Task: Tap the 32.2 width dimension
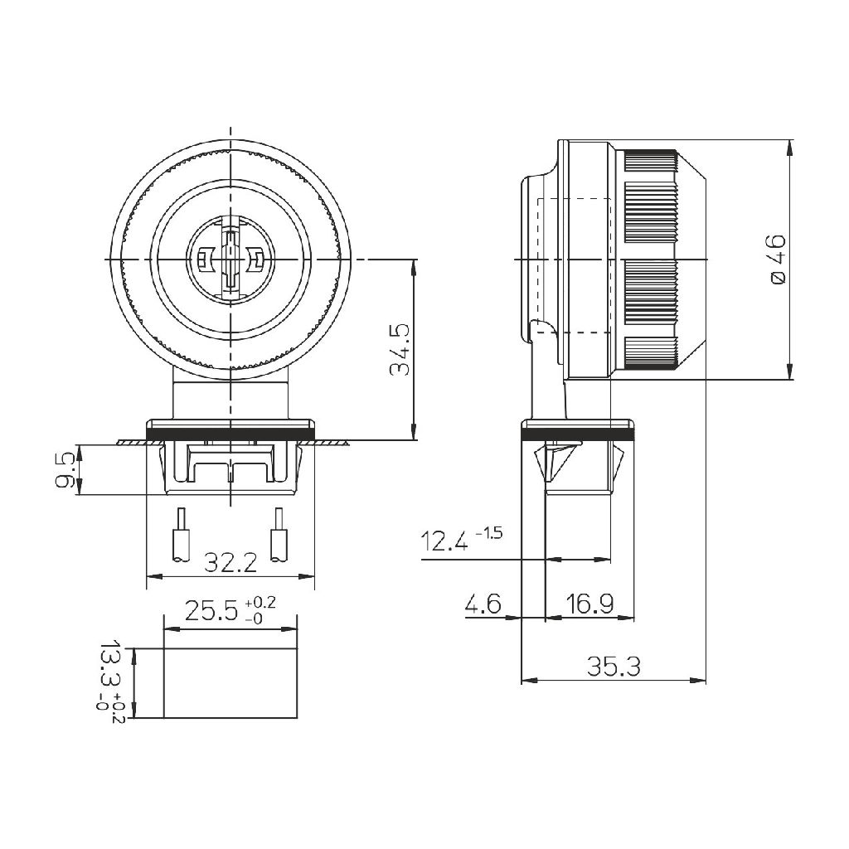[230, 565]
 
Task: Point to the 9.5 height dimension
[65, 470]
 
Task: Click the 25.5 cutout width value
[211, 612]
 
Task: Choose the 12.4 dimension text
[445, 542]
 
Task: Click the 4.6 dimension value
[483, 604]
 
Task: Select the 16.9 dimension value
[589, 604]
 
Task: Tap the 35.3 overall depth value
[614, 667]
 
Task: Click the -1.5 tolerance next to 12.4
[489, 533]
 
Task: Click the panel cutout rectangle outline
[230, 682]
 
